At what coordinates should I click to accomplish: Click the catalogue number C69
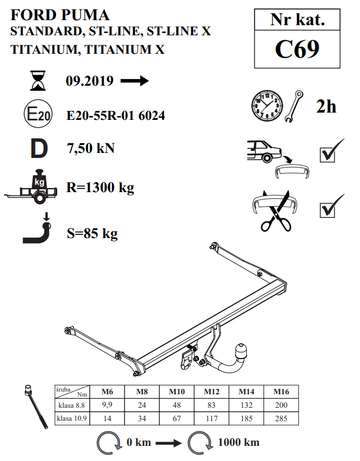tap(297, 49)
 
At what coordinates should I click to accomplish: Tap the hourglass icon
tap(38, 81)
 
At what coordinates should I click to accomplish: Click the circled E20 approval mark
tap(38, 114)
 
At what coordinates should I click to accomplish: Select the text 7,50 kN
tap(91, 148)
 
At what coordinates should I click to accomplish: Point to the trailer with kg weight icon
tap(31, 187)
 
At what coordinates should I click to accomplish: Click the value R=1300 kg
tap(100, 188)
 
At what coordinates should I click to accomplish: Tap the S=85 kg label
tap(93, 234)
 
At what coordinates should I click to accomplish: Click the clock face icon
tap(267, 106)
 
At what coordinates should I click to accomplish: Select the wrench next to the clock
tap(294, 106)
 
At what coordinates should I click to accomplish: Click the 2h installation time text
tap(326, 106)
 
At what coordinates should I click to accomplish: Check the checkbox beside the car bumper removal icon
tap(327, 155)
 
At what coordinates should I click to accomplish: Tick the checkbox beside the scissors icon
tap(327, 210)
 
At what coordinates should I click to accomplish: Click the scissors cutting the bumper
tap(276, 212)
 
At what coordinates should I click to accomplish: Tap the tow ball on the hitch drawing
tap(241, 351)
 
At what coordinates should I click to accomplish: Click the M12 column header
tap(211, 392)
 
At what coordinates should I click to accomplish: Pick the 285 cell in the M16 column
tap(281, 418)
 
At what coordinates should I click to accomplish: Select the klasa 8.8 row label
tap(72, 406)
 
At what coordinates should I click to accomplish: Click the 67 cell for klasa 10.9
tap(177, 418)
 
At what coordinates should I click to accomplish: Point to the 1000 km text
tap(239, 442)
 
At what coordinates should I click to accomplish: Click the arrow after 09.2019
tap(135, 81)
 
